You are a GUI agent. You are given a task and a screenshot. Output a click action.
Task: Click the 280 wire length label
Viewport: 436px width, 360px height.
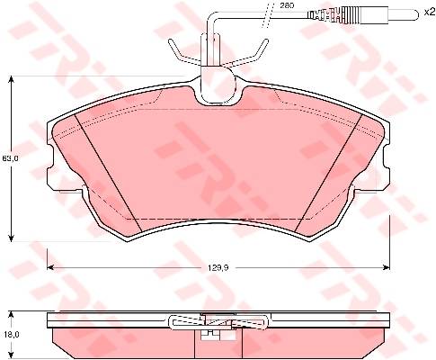[x=287, y=5]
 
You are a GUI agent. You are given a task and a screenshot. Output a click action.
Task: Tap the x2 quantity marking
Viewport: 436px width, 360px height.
[x=429, y=12]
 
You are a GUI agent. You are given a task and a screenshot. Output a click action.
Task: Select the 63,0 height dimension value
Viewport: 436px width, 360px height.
[x=11, y=158]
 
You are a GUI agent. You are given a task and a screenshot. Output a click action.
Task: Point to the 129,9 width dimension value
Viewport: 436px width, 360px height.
[x=218, y=267]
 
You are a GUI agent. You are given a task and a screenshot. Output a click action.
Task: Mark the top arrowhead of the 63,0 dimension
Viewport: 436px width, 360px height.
[x=11, y=79]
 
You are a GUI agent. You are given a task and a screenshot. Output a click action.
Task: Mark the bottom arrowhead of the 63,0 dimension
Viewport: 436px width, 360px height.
[x=11, y=238]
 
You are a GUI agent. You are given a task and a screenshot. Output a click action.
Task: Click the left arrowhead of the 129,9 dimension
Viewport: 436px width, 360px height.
[x=51, y=267]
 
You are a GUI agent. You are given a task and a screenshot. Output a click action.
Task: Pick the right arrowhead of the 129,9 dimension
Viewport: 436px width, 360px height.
[x=386, y=267]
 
